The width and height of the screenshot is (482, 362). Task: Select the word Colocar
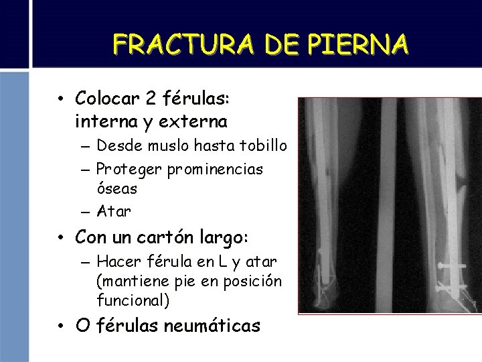(108, 100)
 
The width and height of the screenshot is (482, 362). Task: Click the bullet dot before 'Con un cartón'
(61, 238)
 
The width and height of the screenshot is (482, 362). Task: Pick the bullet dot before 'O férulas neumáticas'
(61, 328)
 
